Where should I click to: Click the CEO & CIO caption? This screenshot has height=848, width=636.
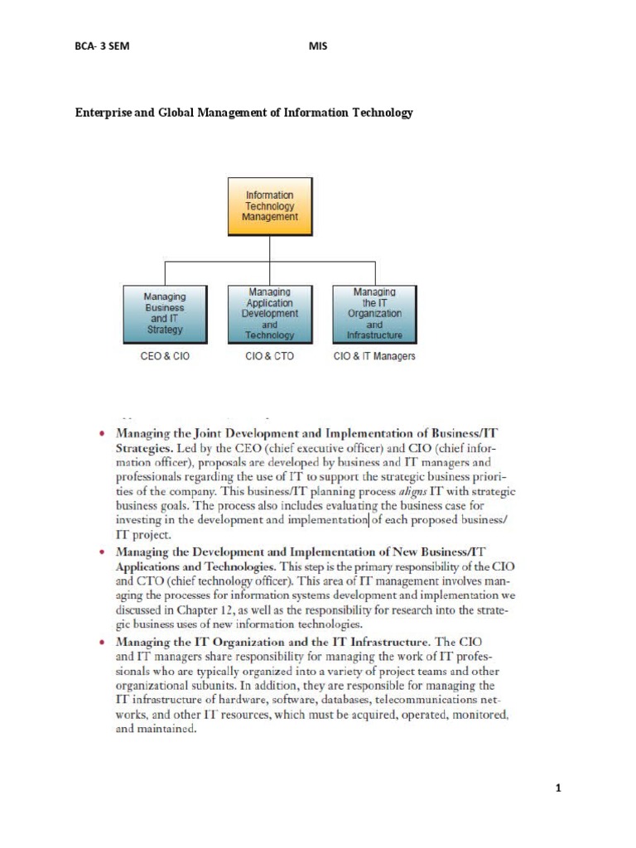tap(165, 357)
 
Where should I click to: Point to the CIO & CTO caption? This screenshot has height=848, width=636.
tap(270, 357)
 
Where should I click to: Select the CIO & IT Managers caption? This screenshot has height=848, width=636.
tap(374, 357)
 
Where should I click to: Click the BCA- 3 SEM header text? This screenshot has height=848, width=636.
tap(103, 46)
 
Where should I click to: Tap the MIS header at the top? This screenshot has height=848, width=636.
tap(318, 46)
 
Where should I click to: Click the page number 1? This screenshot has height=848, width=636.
tap(559, 788)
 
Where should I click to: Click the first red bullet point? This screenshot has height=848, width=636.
tap(102, 433)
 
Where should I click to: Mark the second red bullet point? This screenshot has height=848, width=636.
tap(102, 551)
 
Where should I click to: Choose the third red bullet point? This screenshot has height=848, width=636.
tap(102, 642)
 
